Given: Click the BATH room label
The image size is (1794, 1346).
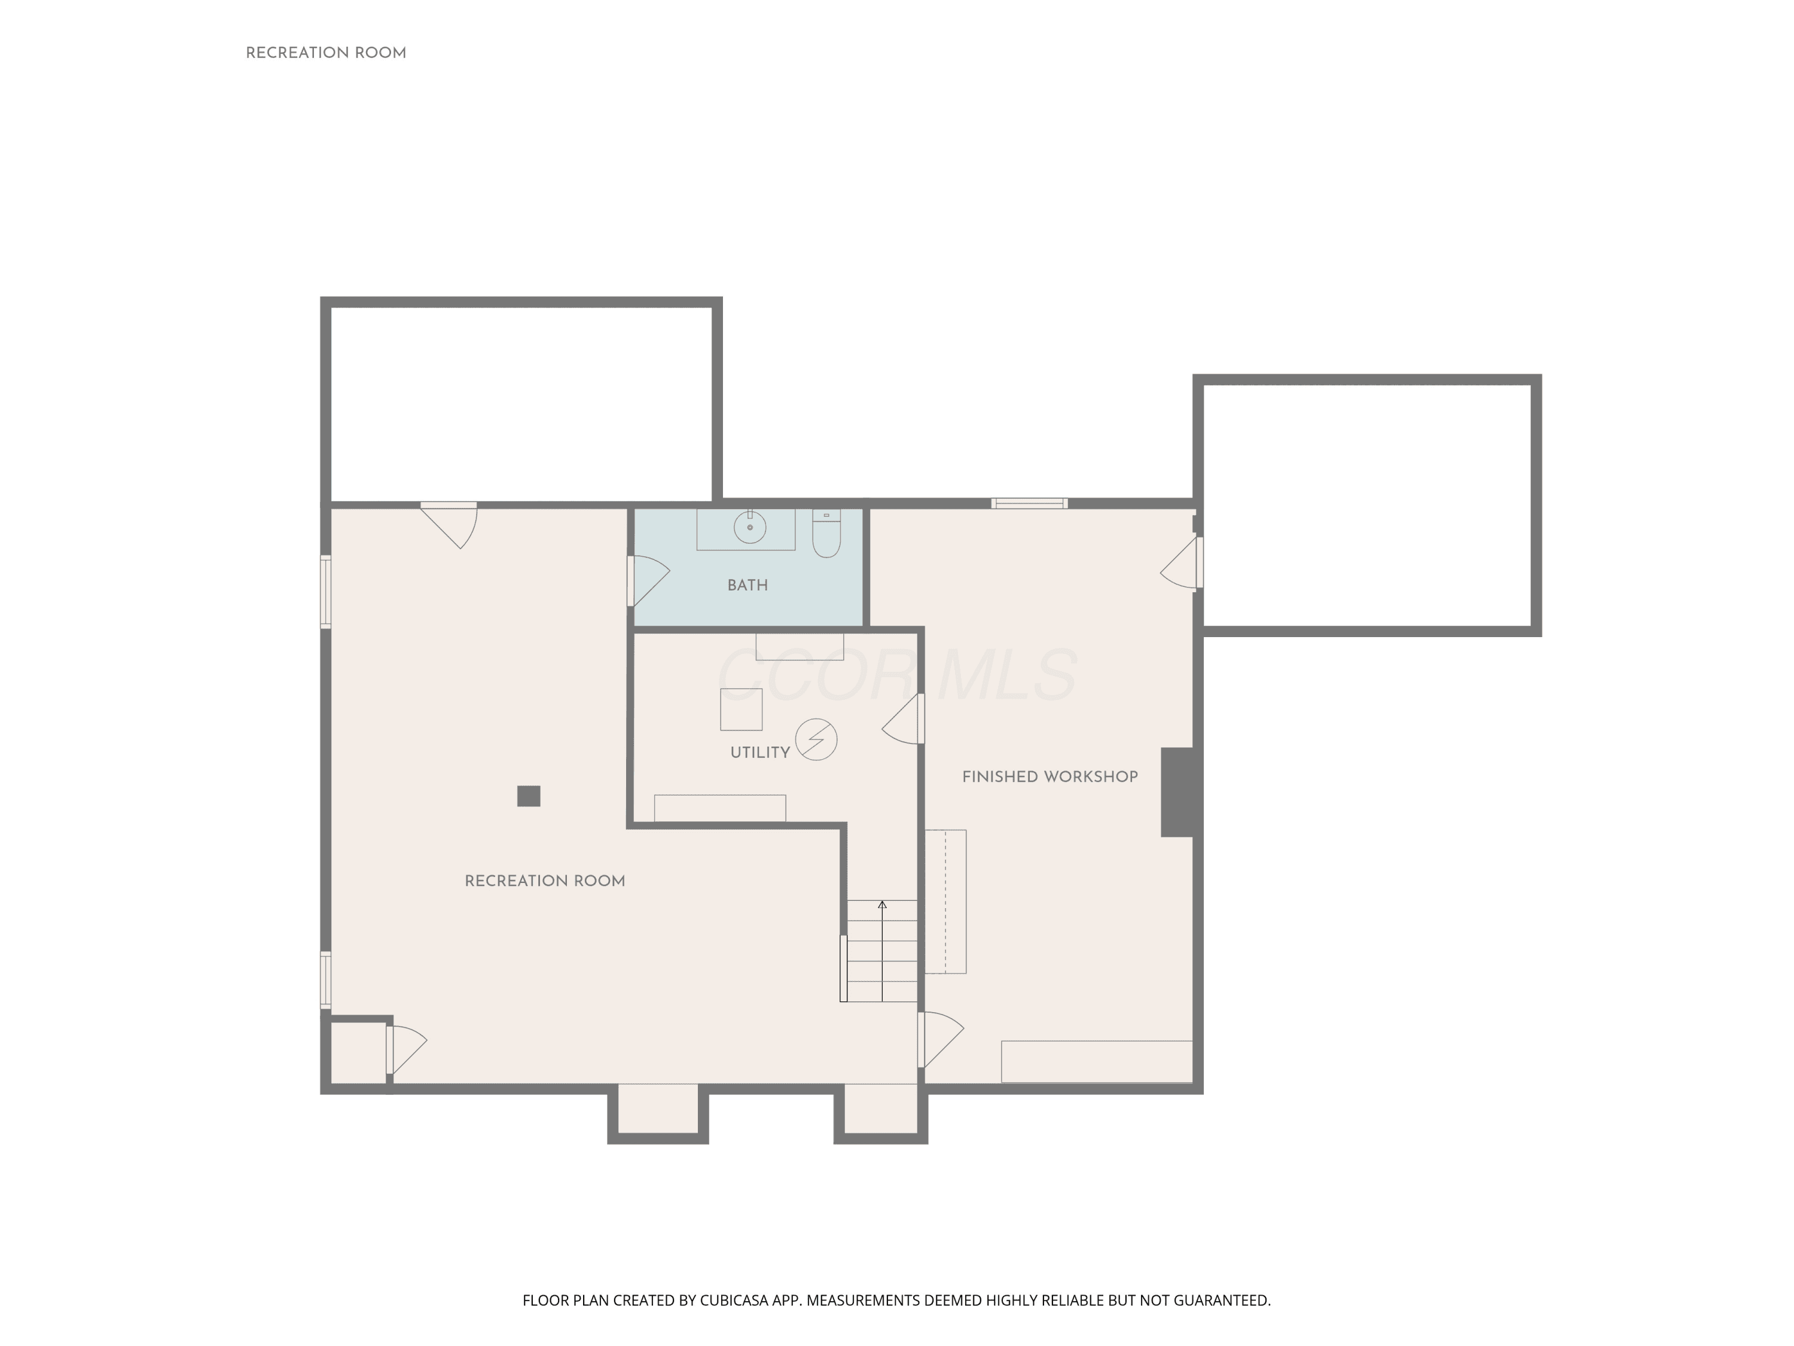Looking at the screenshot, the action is coord(747,585).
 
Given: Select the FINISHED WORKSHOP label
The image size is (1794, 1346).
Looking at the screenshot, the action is coord(1049,777).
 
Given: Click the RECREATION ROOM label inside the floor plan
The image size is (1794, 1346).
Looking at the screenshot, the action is coord(544,881).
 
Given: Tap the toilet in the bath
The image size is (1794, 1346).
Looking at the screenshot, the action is coord(826,534).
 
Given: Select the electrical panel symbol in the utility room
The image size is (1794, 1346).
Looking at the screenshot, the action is coord(816,740).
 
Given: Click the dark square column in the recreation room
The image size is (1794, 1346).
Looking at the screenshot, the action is coord(529,796).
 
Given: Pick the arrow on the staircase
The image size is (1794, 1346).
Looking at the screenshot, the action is coord(883,951).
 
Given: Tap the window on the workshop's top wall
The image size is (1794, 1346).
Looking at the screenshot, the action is coord(1029,504).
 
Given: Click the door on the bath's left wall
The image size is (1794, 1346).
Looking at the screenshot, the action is coord(648,580).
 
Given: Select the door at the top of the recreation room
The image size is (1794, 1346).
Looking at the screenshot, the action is coord(448,525).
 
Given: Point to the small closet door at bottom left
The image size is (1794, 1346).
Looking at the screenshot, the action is coord(406,1050).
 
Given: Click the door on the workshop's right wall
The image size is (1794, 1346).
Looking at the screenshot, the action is coord(1182,562).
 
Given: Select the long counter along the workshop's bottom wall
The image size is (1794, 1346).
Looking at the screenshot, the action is coord(1097,1062).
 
